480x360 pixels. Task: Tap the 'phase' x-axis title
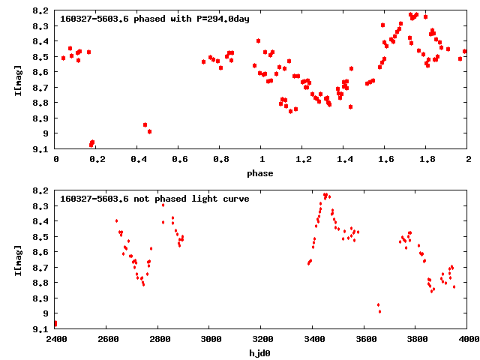click(x=261, y=173)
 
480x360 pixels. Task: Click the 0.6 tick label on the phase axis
click(x=179, y=160)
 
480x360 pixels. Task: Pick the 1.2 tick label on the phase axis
click(x=303, y=160)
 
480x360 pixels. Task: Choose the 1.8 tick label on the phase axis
click(x=427, y=160)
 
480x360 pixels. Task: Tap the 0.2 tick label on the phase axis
click(x=97, y=160)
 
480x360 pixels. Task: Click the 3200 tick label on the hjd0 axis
click(x=261, y=339)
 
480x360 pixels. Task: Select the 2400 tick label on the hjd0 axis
click(x=55, y=339)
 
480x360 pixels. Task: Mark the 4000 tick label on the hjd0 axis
click(x=467, y=339)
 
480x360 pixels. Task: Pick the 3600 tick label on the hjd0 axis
click(x=364, y=339)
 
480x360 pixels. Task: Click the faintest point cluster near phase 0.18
click(x=91, y=143)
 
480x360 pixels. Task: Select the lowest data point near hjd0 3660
click(x=379, y=311)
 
